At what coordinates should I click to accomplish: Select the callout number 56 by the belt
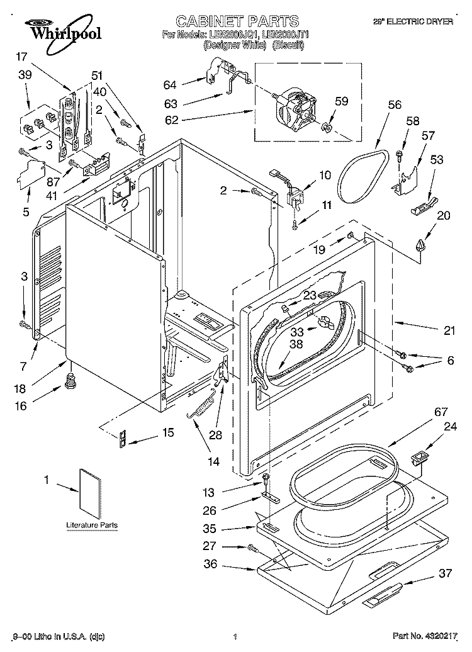(395, 105)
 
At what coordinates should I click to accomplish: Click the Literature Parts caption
(91, 525)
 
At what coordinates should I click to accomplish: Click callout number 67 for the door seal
(441, 412)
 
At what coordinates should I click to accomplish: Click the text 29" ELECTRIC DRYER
(423, 21)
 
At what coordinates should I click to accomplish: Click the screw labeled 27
(252, 548)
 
